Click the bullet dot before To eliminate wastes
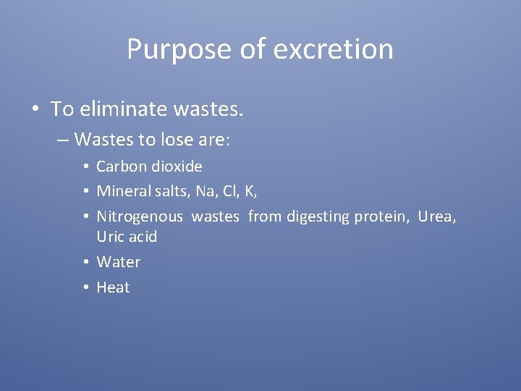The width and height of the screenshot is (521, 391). pos(35,110)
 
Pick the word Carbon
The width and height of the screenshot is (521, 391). pos(120,167)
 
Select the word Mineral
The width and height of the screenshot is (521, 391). pos(123,192)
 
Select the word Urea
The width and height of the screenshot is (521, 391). pos(436,216)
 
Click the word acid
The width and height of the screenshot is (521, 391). pos(143,237)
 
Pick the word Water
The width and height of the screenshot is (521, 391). pos(119,262)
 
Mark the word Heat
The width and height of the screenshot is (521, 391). pos(113,287)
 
